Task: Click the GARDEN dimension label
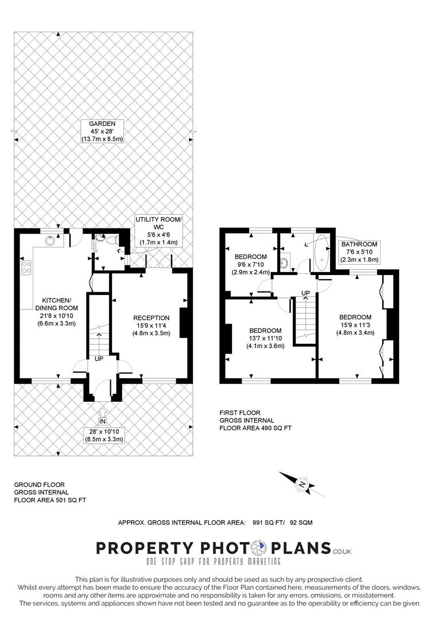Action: pyautogui.click(x=102, y=131)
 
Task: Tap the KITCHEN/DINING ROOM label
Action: pyautogui.click(x=56, y=312)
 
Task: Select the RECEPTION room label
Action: pyautogui.click(x=152, y=325)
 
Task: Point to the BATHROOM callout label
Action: pyautogui.click(x=359, y=252)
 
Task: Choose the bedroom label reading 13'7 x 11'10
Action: pyautogui.click(x=265, y=339)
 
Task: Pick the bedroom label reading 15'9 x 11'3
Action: pyautogui.click(x=355, y=325)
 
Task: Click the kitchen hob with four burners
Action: pyautogui.click(x=26, y=268)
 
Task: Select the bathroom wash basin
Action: pyautogui.click(x=284, y=262)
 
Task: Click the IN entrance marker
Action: pyautogui.click(x=102, y=421)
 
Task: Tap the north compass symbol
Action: pyautogui.click(x=303, y=485)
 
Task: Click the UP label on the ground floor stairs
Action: pyautogui.click(x=99, y=359)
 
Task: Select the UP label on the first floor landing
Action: pyautogui.click(x=305, y=293)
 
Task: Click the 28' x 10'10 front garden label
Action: pyautogui.click(x=103, y=435)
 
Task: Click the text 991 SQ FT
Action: pyautogui.click(x=269, y=522)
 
